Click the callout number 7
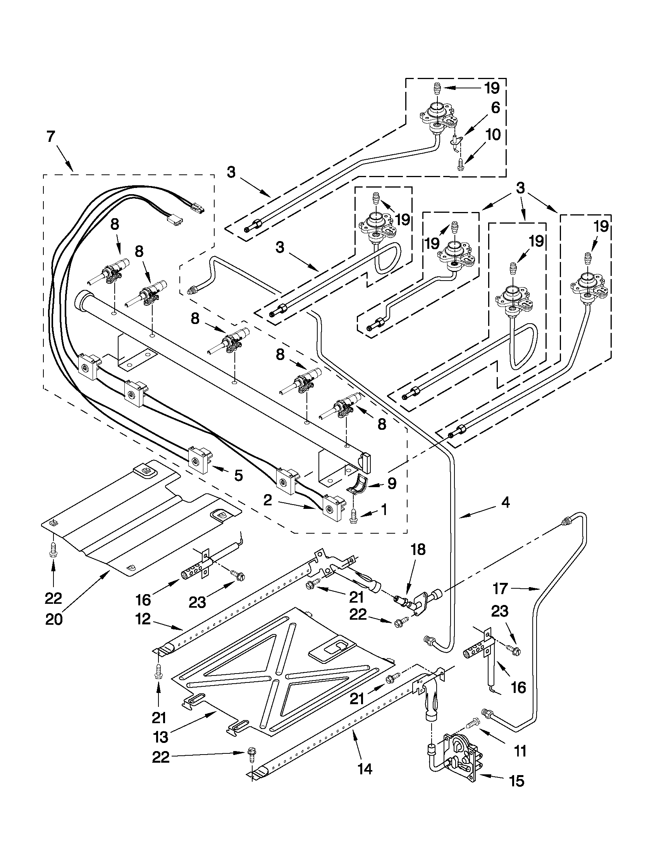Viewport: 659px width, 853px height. pyautogui.click(x=51, y=138)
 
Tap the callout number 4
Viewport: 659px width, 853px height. pyautogui.click(x=505, y=503)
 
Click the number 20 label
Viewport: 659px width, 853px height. pyautogui.click(x=53, y=620)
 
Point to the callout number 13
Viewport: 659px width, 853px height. pyautogui.click(x=160, y=737)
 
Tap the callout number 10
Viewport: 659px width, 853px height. pyautogui.click(x=493, y=135)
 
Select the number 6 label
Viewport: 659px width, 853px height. pyautogui.click(x=495, y=107)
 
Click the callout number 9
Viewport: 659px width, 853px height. pyautogui.click(x=392, y=484)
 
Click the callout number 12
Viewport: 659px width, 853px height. pyautogui.click(x=144, y=619)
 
